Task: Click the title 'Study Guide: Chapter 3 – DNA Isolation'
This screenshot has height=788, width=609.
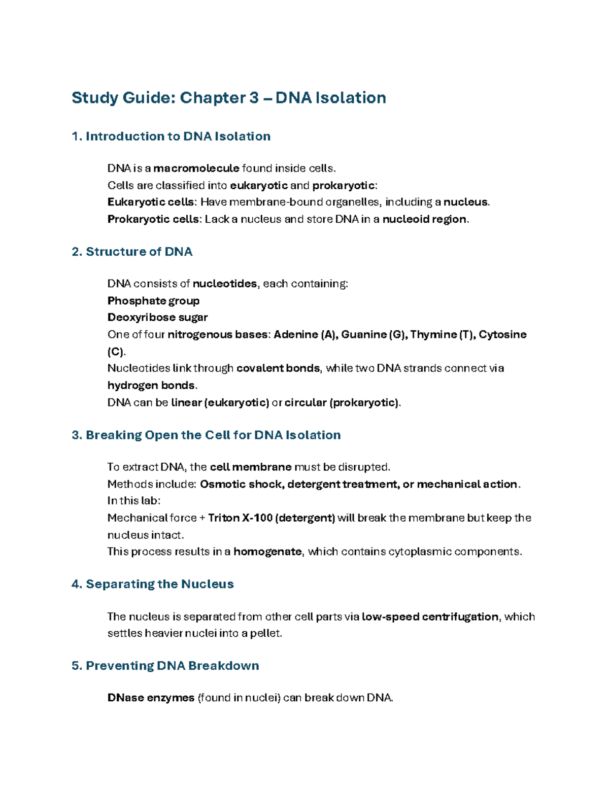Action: click(x=228, y=97)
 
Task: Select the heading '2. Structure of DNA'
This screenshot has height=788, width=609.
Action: click(x=132, y=252)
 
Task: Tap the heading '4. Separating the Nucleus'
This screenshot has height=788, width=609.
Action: click(x=152, y=584)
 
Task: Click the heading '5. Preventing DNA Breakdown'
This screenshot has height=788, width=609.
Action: click(x=165, y=666)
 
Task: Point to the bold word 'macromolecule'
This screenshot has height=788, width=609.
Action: click(x=196, y=168)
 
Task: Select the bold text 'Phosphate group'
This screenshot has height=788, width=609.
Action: click(x=153, y=301)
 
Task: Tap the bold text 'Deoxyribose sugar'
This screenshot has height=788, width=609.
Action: click(x=157, y=318)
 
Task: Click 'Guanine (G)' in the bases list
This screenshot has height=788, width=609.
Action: click(x=374, y=334)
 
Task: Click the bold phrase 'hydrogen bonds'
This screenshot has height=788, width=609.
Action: click(x=151, y=386)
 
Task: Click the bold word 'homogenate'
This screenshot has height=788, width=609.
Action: click(x=267, y=552)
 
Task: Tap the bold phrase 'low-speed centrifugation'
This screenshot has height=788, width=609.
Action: click(x=430, y=617)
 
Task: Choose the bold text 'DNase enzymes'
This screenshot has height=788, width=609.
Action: click(x=151, y=698)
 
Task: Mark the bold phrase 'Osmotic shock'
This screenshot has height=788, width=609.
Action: click(x=241, y=485)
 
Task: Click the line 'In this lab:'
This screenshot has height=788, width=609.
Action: click(x=133, y=501)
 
